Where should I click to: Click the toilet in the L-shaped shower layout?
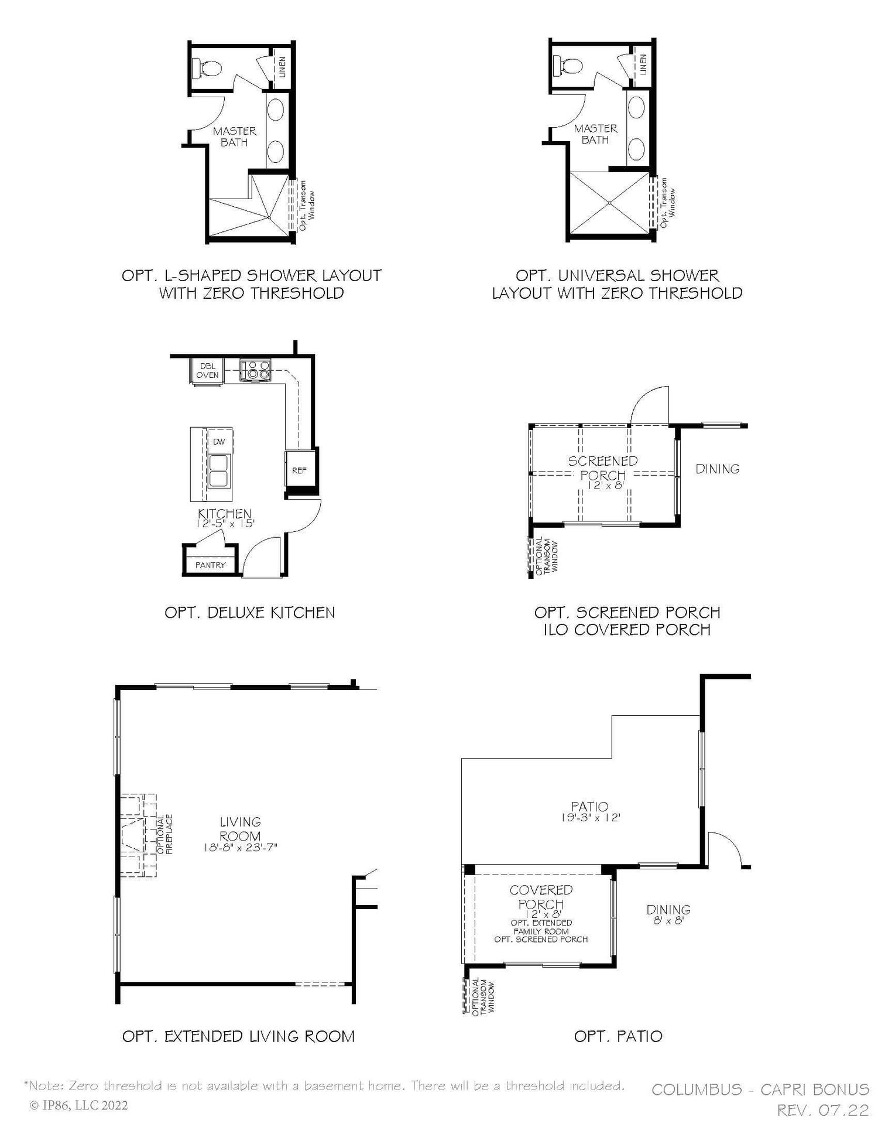click(207, 69)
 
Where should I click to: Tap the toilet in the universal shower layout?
click(568, 67)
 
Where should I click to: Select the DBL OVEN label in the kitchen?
click(207, 371)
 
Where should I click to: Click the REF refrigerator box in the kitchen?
click(299, 470)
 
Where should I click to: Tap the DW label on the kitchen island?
click(219, 442)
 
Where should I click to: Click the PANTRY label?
click(210, 565)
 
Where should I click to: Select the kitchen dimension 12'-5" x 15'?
click(225, 524)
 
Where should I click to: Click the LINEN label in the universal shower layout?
click(643, 64)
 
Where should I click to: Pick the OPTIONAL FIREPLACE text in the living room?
click(164, 834)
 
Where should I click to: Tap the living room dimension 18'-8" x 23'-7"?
click(241, 846)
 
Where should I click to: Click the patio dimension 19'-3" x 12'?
click(589, 818)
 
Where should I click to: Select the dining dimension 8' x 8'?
click(668, 920)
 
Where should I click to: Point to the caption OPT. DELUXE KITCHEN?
click(250, 613)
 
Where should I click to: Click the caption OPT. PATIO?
click(618, 1036)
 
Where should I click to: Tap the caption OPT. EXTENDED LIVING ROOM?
click(239, 1036)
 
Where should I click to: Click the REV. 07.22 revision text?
click(823, 1110)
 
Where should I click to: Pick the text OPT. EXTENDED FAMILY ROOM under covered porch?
click(541, 927)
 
